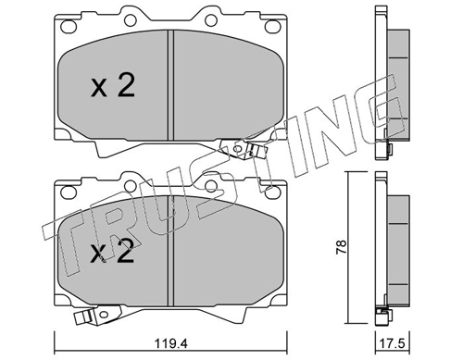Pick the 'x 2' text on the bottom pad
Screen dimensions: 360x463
coord(113,252)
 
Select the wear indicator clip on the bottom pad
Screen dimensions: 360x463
coord(84,320)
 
